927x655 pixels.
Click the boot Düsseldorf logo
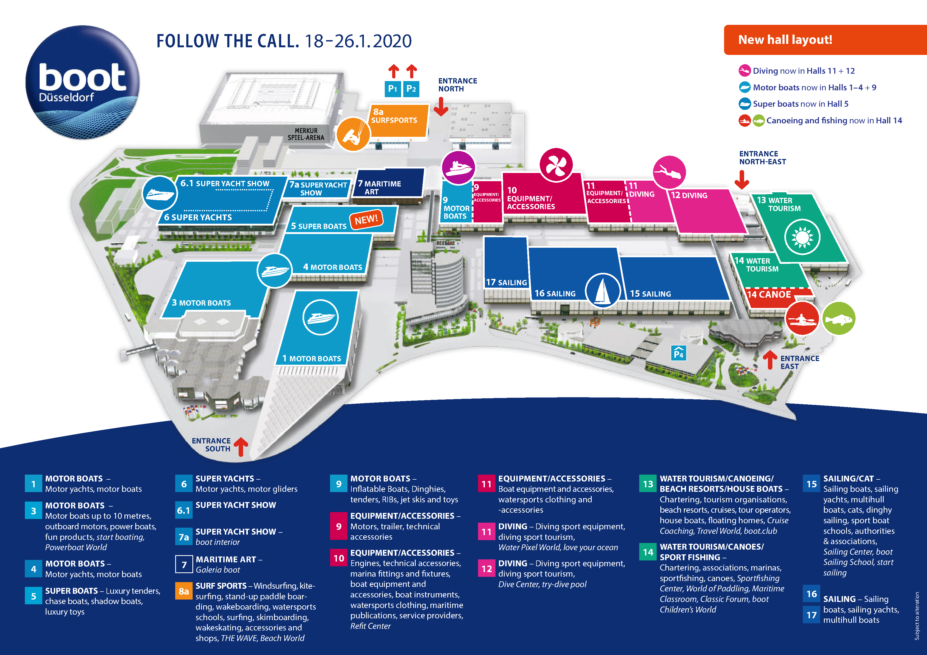pyautogui.click(x=82, y=82)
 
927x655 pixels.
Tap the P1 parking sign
pyautogui.click(x=392, y=89)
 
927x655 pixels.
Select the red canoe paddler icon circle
pyautogui.click(x=802, y=319)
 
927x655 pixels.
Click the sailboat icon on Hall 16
pyautogui.click(x=602, y=290)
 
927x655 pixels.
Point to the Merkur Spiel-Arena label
pyautogui.click(x=306, y=134)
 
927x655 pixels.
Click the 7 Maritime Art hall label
pyautogui.click(x=379, y=188)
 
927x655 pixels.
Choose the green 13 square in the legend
pyautogui.click(x=648, y=484)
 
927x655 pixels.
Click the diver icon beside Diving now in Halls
pyautogui.click(x=744, y=71)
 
